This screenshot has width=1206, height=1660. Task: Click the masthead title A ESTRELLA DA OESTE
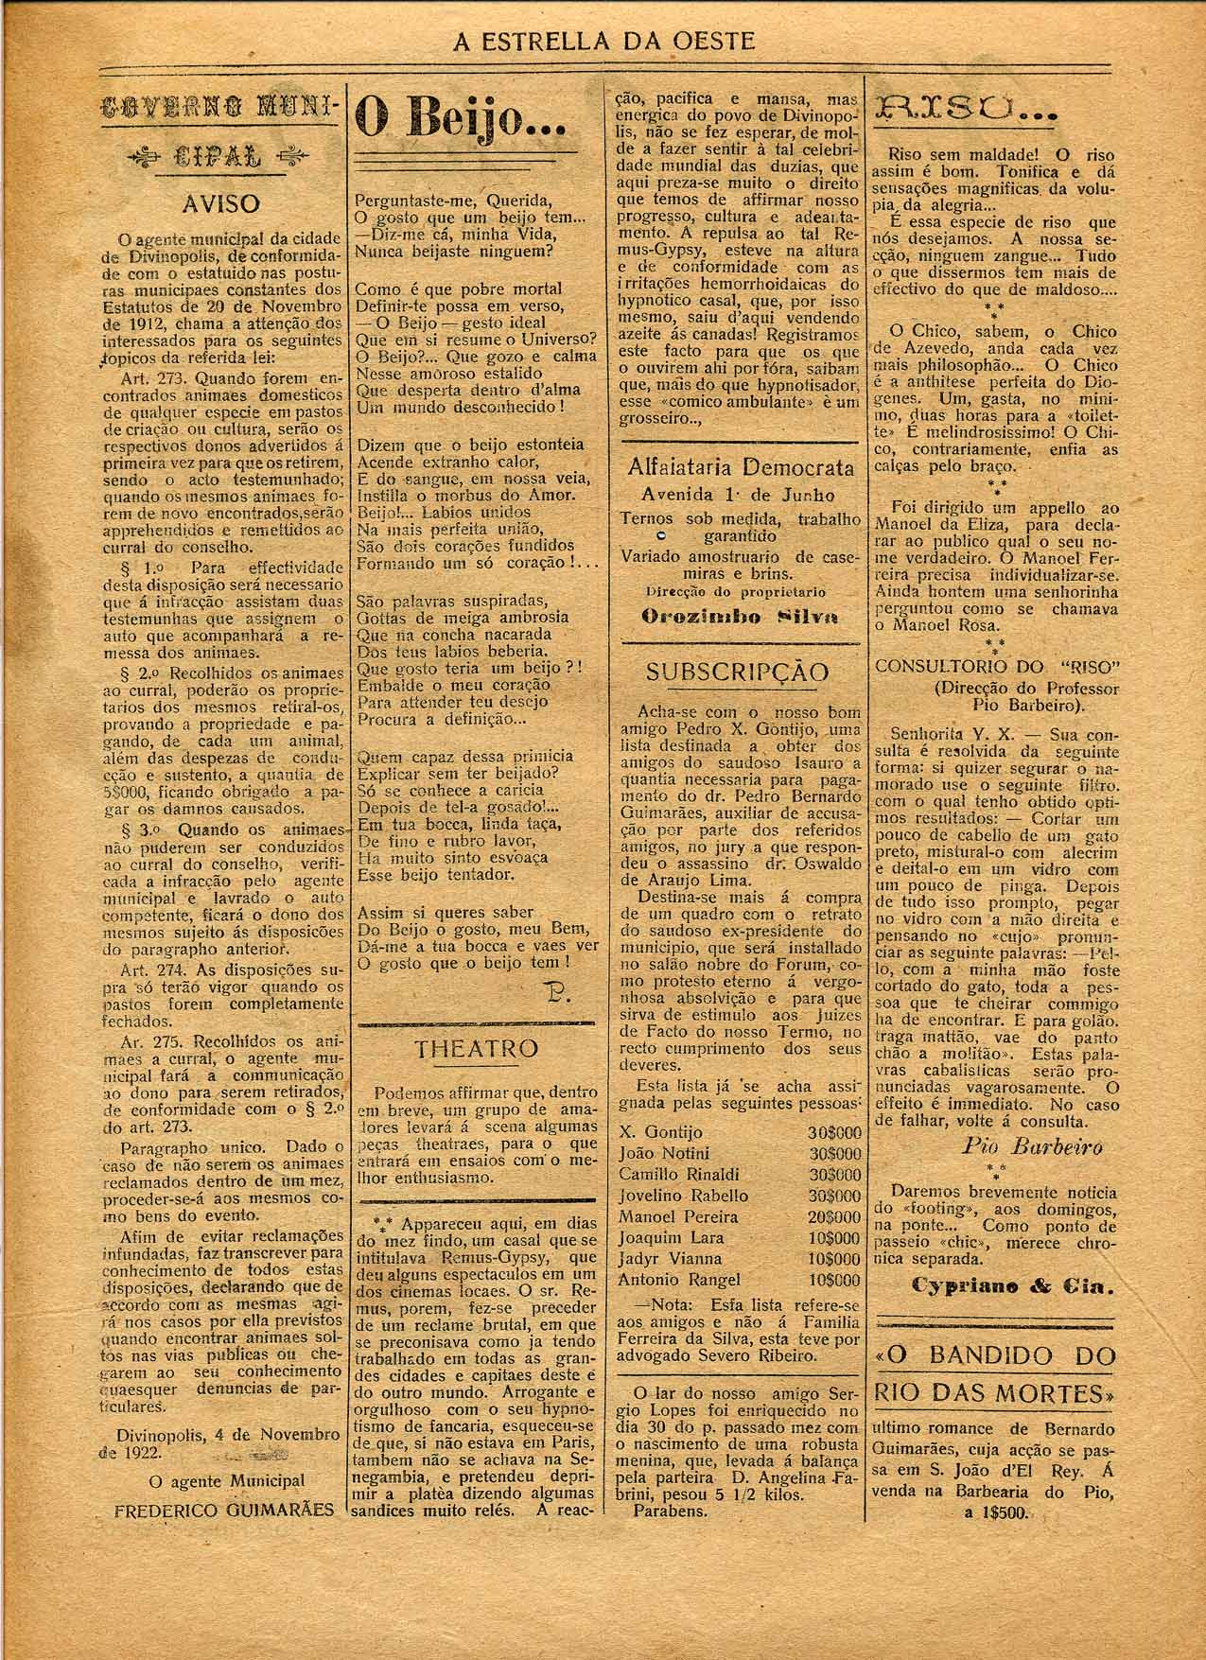point(604,41)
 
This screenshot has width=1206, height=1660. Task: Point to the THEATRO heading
point(477,1048)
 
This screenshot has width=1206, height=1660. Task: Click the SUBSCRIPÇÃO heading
point(737,672)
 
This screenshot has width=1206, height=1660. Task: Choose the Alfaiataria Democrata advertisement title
point(740,468)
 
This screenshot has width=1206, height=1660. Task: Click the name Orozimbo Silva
point(739,617)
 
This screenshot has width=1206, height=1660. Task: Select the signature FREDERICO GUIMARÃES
point(223,1536)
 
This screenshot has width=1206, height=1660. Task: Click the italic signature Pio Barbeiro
point(1032,1147)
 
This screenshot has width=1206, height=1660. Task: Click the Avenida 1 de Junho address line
point(738,495)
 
